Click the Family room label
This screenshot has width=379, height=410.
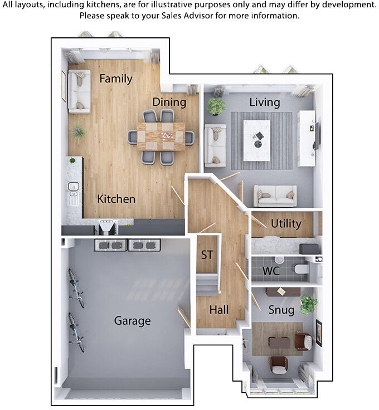tap(116, 79)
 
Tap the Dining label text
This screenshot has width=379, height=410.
tap(169, 102)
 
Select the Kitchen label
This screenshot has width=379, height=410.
tap(116, 199)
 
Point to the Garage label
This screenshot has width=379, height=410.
tap(132, 321)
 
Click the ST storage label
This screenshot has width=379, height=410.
tap(207, 255)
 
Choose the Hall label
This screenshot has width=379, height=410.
tap(219, 310)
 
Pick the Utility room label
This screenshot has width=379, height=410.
tap(286, 224)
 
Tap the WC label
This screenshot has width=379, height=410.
tap(271, 272)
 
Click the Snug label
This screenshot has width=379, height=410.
tap(281, 310)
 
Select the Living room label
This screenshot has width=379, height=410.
tap(264, 102)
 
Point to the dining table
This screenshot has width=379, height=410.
tap(161, 136)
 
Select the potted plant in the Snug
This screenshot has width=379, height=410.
tap(308, 304)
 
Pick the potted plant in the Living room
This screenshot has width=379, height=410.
tap(216, 106)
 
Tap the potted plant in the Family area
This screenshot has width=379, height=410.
tap(79, 133)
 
